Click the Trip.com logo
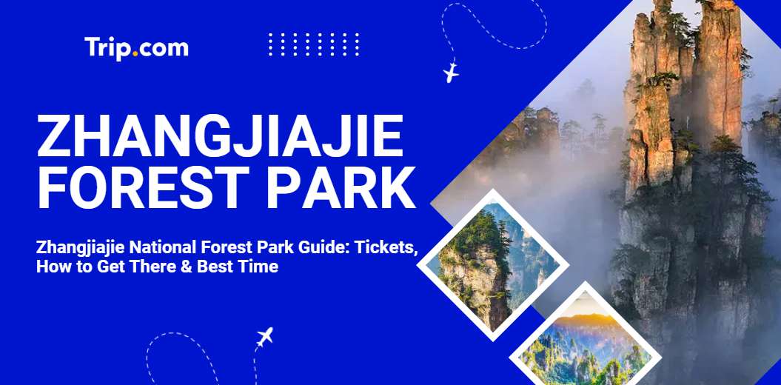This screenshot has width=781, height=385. click(137, 47)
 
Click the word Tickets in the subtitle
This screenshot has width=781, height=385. click(387, 248)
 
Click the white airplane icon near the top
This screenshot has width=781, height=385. click(450, 73)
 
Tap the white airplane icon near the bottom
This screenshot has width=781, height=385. click(265, 338)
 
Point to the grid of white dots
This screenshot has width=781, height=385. click(314, 44)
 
